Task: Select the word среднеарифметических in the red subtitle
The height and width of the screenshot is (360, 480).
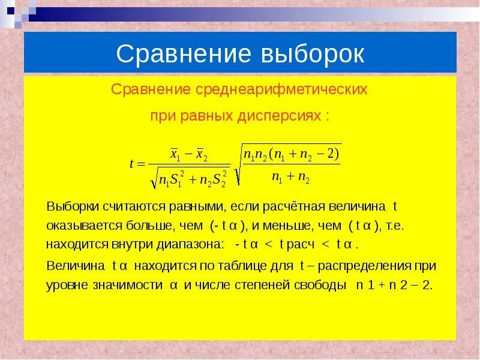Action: (x=281, y=90)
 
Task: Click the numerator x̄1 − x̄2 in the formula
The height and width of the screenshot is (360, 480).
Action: (x=189, y=154)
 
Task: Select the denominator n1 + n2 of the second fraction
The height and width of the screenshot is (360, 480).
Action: (x=290, y=178)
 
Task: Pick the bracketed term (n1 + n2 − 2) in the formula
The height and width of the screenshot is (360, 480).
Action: (x=304, y=154)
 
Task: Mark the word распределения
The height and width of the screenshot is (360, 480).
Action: (x=368, y=265)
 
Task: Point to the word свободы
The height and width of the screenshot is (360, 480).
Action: (x=322, y=285)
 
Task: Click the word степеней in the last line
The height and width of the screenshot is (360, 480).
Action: (x=269, y=285)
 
